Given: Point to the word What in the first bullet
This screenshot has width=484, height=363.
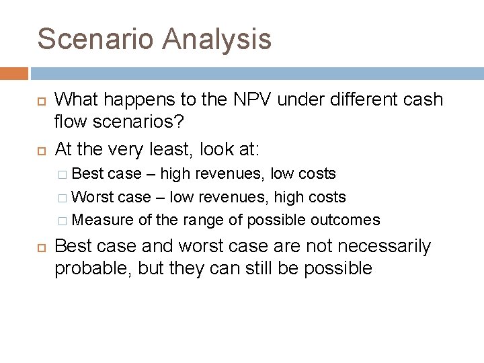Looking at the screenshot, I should pyautogui.click(x=76, y=99).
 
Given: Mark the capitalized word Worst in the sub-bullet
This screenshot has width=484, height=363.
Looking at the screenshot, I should pyautogui.click(x=92, y=197).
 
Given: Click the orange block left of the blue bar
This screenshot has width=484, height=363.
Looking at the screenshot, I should pyautogui.click(x=14, y=73).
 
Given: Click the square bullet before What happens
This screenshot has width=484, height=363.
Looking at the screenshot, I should pyautogui.click(x=39, y=101).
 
